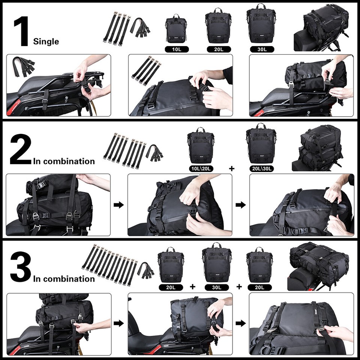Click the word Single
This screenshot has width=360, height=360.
click(x=46, y=41)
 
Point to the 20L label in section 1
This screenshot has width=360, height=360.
click(x=218, y=49)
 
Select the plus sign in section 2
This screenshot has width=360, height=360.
click(x=231, y=169)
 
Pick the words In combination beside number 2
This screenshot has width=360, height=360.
click(x=64, y=162)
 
